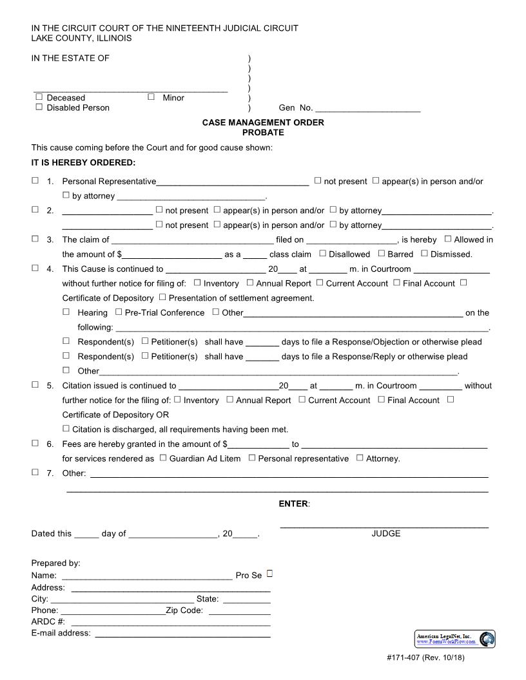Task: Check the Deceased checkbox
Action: tap(39, 97)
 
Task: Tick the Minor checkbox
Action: tap(151, 97)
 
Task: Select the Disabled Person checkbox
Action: tap(39, 108)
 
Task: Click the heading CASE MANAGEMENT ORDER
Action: tap(263, 122)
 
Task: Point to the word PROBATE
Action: tap(263, 133)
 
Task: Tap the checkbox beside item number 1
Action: tap(35, 181)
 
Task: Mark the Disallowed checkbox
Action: tap(323, 254)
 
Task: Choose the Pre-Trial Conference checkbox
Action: tap(119, 312)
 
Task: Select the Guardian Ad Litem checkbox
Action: tap(163, 458)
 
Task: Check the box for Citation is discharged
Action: tap(66, 429)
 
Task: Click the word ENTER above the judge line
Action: tap(293, 504)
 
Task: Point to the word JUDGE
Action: tap(385, 533)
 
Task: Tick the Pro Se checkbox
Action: tap(270, 572)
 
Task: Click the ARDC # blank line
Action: tap(170, 623)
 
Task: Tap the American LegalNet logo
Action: tap(454, 639)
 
